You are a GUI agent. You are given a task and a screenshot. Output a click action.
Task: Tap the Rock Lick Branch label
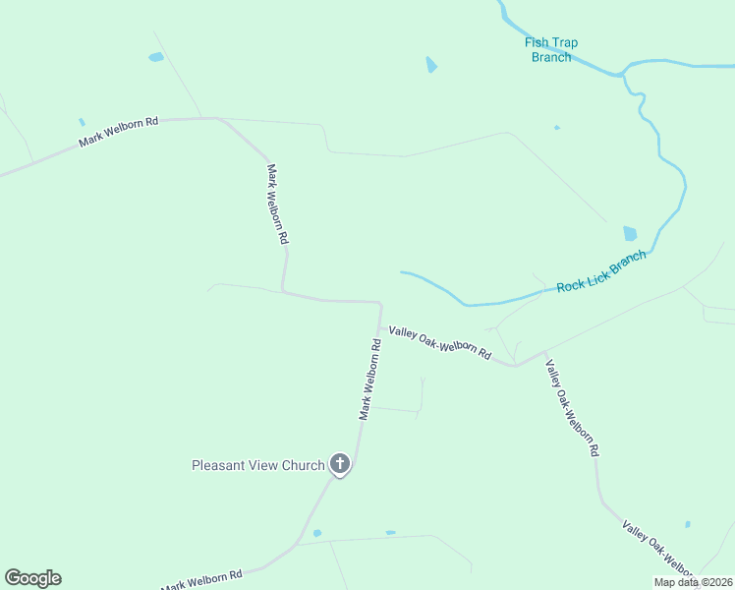coord(601,272)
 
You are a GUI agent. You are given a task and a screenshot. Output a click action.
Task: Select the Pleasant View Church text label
coord(257,465)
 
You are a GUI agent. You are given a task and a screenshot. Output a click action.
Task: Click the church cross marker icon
coord(340,464)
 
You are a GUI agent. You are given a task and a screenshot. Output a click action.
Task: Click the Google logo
coord(32,578)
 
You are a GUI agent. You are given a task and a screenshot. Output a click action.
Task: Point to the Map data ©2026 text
coord(693,582)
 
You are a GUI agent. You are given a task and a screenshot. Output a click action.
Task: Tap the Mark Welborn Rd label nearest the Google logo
coord(201,581)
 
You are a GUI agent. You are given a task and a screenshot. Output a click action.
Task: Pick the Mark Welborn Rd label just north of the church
coord(369,380)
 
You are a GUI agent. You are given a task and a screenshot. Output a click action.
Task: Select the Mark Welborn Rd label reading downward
coord(276,204)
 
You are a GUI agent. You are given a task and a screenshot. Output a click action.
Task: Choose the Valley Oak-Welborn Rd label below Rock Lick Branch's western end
coord(439,343)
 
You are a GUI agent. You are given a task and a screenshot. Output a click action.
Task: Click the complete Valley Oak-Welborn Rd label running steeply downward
coord(572,408)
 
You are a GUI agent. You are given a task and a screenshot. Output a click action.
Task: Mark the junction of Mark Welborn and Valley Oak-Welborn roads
coord(380,327)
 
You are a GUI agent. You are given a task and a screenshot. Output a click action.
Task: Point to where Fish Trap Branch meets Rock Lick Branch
coord(623,73)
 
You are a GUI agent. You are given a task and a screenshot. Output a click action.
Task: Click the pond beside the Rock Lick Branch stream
coord(630,234)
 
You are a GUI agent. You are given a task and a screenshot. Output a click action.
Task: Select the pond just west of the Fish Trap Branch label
coord(430,65)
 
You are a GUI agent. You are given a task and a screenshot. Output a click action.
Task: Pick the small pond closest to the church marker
coord(316,533)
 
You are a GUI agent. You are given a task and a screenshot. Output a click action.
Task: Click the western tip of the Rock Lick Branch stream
coord(402,272)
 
